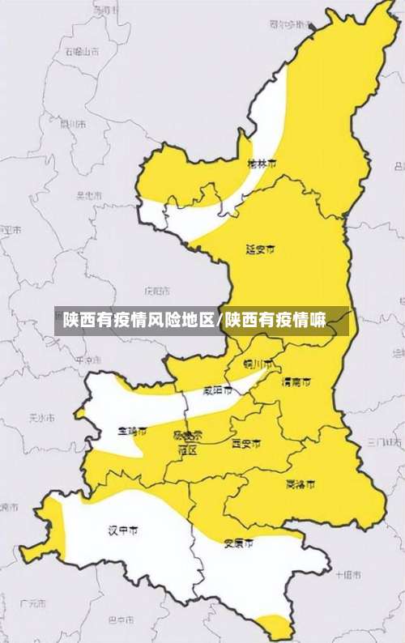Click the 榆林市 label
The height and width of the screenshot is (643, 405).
tap(261, 164)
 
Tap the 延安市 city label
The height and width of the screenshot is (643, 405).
tap(260, 249)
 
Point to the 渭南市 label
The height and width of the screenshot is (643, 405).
tap(296, 381)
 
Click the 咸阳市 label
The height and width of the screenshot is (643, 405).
tap(217, 390)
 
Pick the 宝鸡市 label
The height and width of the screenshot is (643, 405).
tap(132, 431)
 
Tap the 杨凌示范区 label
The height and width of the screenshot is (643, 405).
tap(188, 442)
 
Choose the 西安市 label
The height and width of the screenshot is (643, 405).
tap(246, 444)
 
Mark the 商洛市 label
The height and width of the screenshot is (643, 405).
tap(301, 484)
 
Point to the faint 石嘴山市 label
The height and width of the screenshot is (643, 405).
tap(82, 51)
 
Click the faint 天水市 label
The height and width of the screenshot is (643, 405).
tap(40, 419)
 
